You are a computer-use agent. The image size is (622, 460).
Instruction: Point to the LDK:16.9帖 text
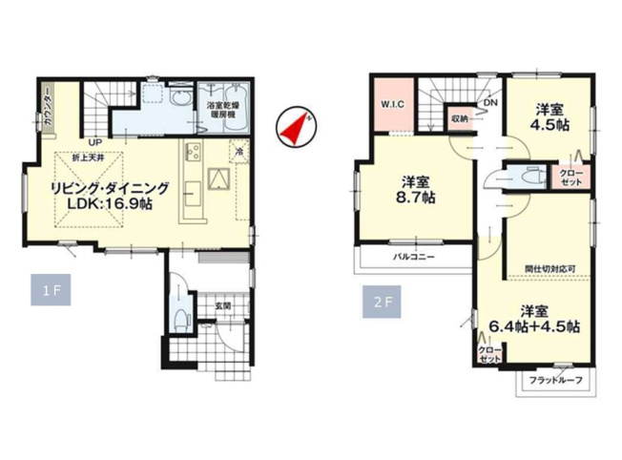[105, 204]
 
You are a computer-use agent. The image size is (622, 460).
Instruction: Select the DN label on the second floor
[489, 103]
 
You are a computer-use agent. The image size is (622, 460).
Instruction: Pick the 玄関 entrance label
[222, 305]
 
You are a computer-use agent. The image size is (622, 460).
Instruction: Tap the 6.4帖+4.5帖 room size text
[534, 326]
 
